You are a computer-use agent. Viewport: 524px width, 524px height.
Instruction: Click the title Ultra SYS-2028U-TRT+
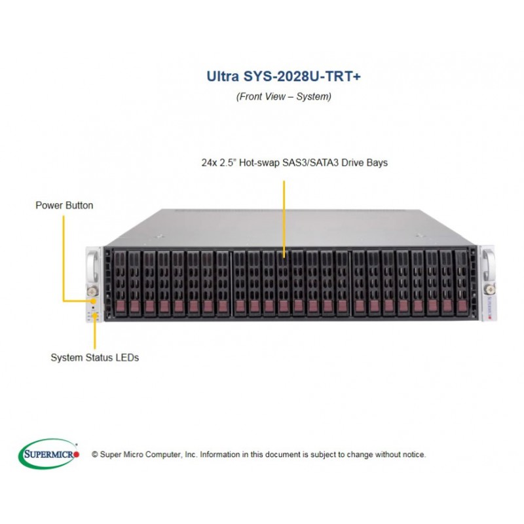[x=284, y=76]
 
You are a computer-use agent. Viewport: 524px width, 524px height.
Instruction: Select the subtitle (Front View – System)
[x=284, y=96]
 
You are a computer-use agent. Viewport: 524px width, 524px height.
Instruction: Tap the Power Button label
[x=64, y=205]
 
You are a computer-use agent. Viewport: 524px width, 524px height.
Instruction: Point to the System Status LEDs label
[x=94, y=358]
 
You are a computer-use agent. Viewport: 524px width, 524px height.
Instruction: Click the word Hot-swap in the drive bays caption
[x=259, y=162]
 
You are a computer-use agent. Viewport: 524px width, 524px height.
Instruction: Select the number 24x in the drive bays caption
[x=209, y=162]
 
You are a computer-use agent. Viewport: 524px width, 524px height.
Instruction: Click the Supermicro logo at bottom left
[x=48, y=453]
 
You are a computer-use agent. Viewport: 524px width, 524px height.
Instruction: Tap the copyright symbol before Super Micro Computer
[x=95, y=455]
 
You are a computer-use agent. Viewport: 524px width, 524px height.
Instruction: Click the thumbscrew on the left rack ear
[x=92, y=291]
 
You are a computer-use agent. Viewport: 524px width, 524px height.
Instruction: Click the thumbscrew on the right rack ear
[x=489, y=289]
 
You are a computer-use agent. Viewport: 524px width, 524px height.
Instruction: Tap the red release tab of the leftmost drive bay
[x=121, y=306]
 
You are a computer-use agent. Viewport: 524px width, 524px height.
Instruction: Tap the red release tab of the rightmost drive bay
[x=462, y=305]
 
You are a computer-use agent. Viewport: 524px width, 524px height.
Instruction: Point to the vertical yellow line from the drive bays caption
[x=284, y=219]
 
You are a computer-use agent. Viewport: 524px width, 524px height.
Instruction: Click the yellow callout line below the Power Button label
[x=64, y=258]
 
